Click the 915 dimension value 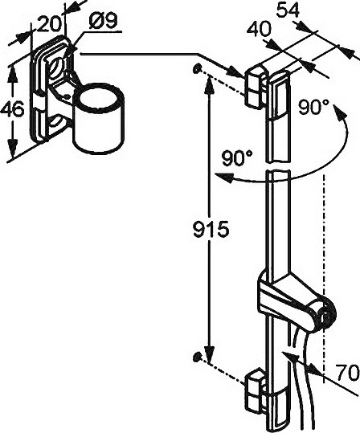click(211, 229)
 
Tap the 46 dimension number click(13, 110)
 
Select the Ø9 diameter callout click(104, 21)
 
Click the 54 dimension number click(288, 10)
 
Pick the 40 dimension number click(260, 29)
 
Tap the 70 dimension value click(348, 374)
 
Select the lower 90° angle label click(237, 158)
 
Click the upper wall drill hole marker click(197, 68)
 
